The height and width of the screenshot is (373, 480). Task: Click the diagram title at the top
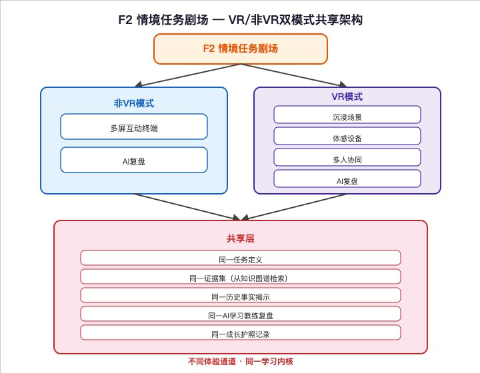tap(240, 20)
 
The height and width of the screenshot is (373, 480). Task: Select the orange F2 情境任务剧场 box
tap(241, 49)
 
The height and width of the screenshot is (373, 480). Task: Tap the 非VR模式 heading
tap(134, 103)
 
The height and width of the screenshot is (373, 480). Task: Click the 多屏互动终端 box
tap(134, 127)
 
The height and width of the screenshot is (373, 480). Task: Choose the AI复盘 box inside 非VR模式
tap(134, 160)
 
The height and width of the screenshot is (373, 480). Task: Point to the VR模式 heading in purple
tap(347, 97)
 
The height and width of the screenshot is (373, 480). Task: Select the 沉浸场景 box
tap(347, 115)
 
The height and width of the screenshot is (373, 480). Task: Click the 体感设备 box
tap(347, 136)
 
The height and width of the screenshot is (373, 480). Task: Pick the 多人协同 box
tap(347, 157)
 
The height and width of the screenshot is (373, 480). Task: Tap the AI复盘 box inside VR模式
tap(347, 179)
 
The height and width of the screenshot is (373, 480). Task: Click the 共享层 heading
tap(241, 238)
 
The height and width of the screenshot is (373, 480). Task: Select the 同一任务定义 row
tap(241, 258)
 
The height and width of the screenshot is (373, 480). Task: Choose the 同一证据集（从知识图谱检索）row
tap(241, 276)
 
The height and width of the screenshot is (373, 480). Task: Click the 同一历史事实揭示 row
tap(241, 295)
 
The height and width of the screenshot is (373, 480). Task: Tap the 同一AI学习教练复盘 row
tap(241, 314)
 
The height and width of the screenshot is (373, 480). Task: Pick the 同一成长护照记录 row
tap(241, 332)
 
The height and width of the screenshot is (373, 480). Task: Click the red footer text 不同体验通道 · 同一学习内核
tap(241, 362)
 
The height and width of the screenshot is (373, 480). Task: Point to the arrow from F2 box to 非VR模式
tap(187, 75)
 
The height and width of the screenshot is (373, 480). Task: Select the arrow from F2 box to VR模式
tap(294, 75)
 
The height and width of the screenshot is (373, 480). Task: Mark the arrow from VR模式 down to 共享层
tap(294, 206)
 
